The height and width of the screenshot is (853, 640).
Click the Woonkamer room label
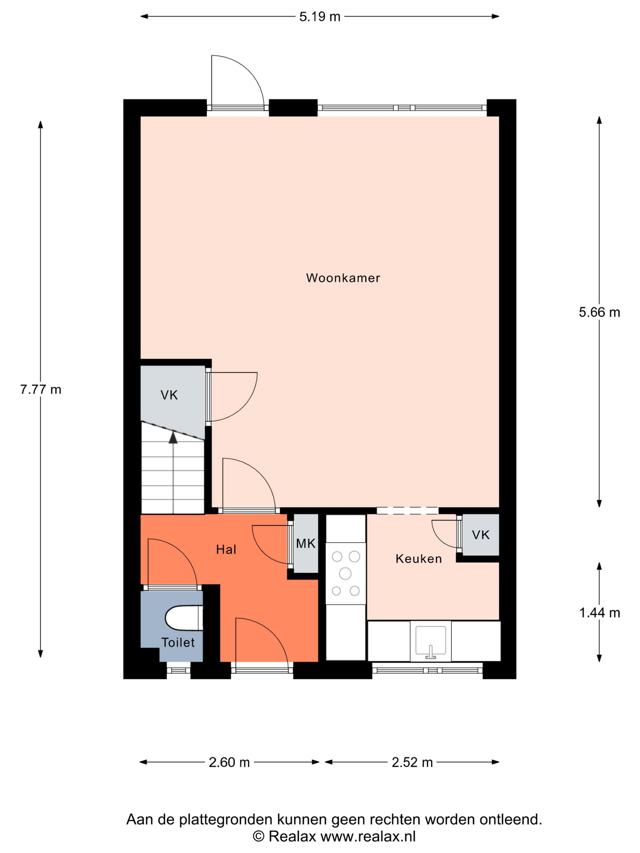click(343, 278)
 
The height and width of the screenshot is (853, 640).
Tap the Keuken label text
click(418, 559)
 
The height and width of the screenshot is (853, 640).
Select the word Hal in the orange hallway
click(226, 550)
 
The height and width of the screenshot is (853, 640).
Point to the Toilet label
click(178, 642)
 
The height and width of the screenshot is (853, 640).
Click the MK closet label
click(306, 544)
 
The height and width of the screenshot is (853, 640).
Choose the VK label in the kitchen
click(481, 535)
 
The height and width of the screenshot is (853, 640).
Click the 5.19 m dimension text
click(320, 16)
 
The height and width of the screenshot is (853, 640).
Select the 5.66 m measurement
click(599, 312)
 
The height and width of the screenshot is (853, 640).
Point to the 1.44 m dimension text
click(599, 613)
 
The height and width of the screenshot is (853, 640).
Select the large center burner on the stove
click(345, 574)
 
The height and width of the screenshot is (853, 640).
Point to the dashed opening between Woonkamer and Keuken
click(407, 511)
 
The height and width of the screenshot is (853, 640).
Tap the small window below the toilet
click(179, 671)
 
